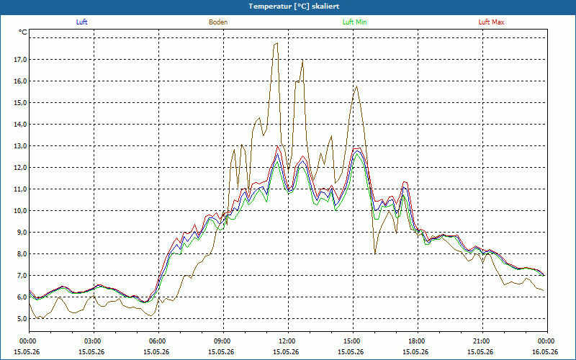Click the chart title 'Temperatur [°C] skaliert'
[294, 6]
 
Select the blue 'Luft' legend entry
[81, 22]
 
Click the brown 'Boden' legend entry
[218, 22]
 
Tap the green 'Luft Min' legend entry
[354, 22]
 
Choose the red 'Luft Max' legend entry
[491, 22]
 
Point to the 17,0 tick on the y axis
[21, 60]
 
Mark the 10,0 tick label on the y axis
[21, 211]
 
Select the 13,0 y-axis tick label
[21, 146]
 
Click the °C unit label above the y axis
[23, 32]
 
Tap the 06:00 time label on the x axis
[158, 341]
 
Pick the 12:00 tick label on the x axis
[289, 341]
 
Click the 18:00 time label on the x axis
[418, 341]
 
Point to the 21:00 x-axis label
[482, 341]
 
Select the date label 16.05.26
[546, 351]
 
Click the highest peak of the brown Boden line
[277, 43]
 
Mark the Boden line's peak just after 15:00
[356, 86]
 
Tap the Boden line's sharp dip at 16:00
[375, 253]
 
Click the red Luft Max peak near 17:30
[405, 181]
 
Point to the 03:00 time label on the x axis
[94, 341]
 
